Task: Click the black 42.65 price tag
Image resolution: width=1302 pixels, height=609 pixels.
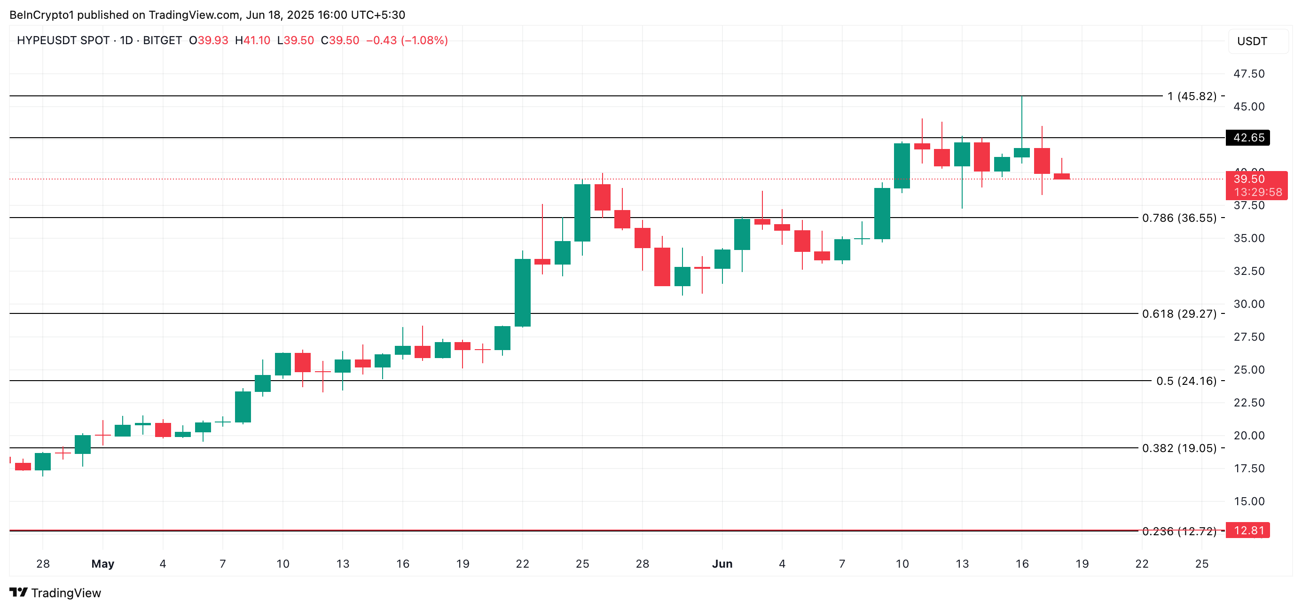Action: click(1247, 138)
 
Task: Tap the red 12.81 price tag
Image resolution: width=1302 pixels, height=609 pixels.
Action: click(1247, 530)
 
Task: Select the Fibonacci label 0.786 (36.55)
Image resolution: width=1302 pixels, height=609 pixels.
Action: click(1179, 218)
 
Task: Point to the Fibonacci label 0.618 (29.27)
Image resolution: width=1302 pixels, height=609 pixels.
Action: click(1179, 314)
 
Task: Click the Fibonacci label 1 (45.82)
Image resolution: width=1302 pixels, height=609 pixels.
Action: click(1192, 96)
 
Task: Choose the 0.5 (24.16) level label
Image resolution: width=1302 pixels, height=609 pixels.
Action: click(1186, 381)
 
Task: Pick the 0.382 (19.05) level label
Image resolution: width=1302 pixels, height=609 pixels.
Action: click(1179, 448)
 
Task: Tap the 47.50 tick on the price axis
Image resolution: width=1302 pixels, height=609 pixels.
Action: click(1248, 74)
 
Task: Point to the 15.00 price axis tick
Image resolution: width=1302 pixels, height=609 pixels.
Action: click(1248, 501)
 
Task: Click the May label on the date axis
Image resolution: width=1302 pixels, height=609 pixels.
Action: click(102, 563)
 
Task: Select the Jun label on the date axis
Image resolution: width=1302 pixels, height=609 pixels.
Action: click(722, 563)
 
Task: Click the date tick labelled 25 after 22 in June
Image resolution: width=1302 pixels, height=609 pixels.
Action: click(1201, 563)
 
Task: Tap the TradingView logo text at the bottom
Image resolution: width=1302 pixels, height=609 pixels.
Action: click(66, 593)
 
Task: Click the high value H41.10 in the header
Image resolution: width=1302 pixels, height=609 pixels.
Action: click(252, 40)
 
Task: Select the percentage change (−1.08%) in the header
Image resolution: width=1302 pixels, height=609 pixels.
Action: click(424, 40)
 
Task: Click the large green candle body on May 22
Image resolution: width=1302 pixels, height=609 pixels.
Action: click(523, 293)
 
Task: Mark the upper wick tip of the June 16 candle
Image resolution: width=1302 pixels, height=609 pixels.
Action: click(1021, 97)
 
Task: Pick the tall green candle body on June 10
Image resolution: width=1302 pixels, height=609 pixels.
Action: click(902, 166)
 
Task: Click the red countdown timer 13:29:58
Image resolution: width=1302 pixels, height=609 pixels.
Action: click(1257, 192)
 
